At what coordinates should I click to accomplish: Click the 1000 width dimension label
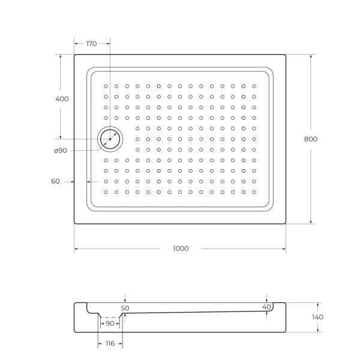pos(180,248)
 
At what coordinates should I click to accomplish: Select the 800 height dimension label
pos(310,139)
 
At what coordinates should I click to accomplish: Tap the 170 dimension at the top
pos(92,43)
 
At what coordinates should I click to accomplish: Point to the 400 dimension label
pos(61,98)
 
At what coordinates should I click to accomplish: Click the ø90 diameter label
pos(61,150)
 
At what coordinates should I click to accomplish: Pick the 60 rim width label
pos(55,181)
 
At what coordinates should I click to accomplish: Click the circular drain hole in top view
pos(110,139)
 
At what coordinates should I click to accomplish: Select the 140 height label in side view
pos(317,317)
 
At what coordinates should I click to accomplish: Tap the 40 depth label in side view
pos(266,307)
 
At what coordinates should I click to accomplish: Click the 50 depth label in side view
pos(125,308)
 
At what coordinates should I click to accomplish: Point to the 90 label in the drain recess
pos(110,323)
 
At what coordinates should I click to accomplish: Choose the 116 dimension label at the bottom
pos(110,343)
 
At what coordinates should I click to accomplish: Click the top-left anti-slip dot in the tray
pos(106,86)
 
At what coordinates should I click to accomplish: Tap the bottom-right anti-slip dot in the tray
pos(254,192)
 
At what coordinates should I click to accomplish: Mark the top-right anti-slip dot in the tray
pos(254,86)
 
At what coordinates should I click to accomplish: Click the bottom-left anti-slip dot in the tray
pos(106,192)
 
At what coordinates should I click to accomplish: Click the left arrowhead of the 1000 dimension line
pos(76,248)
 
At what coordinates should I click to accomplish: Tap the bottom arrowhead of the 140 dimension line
pos(317,330)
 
